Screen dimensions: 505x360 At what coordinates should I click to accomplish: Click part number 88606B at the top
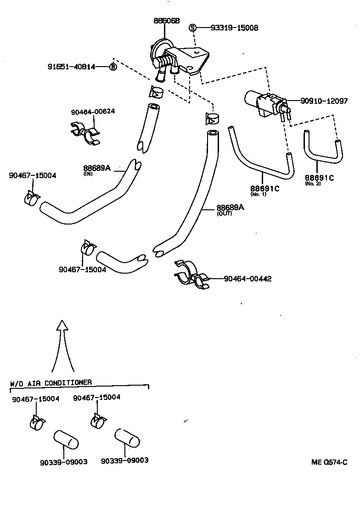point(166,21)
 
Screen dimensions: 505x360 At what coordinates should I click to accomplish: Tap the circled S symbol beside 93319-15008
point(193,28)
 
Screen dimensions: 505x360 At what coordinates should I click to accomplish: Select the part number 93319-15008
point(234,28)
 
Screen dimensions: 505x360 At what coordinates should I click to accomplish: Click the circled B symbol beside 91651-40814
point(112,67)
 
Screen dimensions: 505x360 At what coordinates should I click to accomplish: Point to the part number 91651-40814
point(71,67)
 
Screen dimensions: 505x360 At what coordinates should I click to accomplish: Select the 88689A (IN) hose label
point(97,168)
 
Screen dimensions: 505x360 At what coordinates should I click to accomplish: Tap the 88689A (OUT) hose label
point(230,208)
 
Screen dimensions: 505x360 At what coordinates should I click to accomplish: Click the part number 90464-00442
point(247,279)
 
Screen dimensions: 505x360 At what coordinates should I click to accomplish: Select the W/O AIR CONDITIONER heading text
point(51,382)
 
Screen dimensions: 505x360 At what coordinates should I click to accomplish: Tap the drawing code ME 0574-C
point(329,462)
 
